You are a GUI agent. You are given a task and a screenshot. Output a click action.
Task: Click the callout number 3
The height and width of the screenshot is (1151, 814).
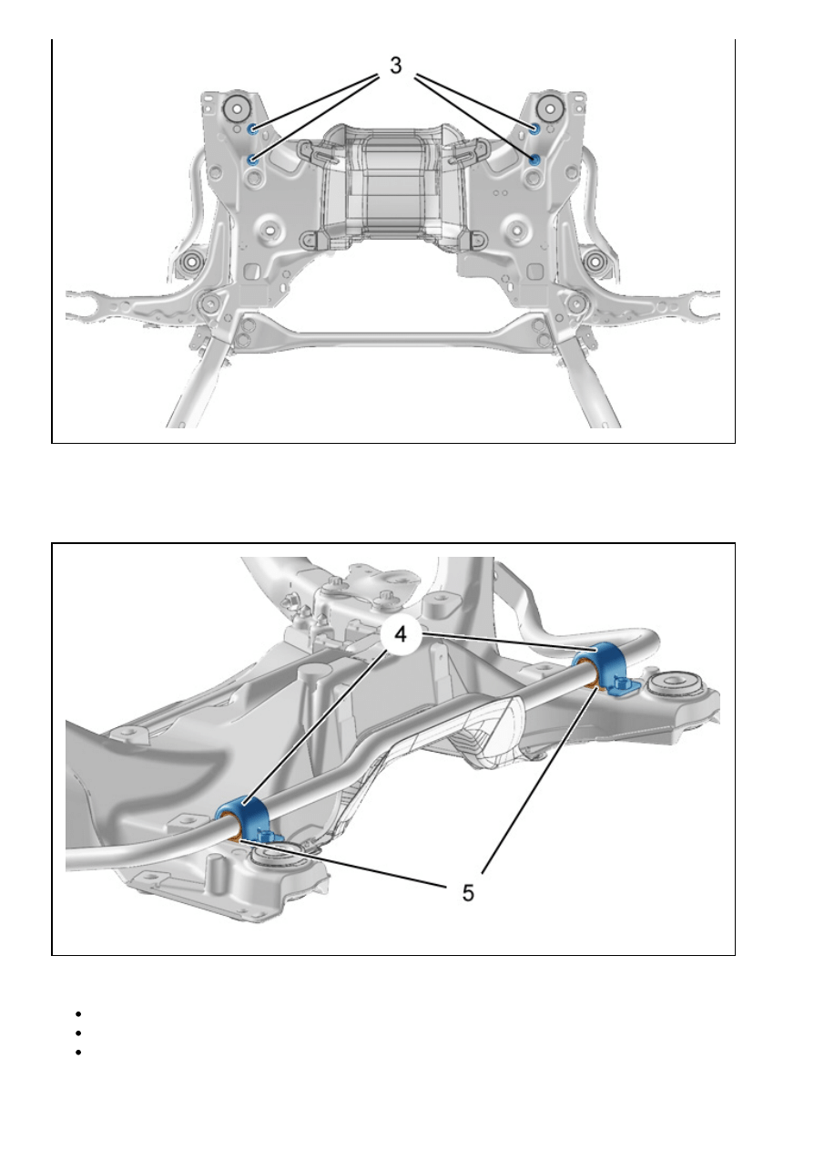395,66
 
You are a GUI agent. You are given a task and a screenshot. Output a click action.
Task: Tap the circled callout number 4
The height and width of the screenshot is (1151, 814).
401,634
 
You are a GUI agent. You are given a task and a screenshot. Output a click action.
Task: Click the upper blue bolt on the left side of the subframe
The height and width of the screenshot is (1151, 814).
252,129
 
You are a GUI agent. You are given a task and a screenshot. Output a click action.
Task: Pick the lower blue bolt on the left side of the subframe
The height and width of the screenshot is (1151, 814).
252,159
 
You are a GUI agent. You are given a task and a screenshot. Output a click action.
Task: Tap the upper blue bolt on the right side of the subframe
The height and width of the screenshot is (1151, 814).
534,129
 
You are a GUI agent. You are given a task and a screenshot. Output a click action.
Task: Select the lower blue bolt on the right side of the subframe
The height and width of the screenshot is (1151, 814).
534,159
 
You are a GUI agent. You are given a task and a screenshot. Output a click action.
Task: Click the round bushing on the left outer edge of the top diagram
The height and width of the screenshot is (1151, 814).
191,262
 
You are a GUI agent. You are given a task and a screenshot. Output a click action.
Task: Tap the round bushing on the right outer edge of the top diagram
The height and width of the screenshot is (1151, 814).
595,262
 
